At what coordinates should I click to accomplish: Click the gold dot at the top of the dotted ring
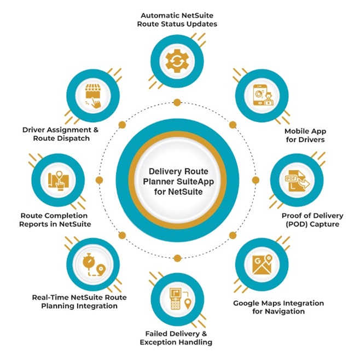click(177, 102)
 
